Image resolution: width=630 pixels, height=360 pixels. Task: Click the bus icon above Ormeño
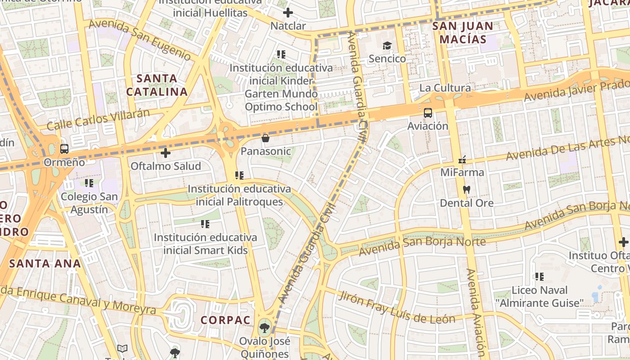click(x=64, y=148)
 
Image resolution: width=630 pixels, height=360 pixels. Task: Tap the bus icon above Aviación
click(x=427, y=112)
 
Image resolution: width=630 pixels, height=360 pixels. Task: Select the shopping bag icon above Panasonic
click(x=265, y=138)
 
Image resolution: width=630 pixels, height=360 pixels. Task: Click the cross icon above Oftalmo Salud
click(x=166, y=153)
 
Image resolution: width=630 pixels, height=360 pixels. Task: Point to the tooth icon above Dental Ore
click(x=467, y=190)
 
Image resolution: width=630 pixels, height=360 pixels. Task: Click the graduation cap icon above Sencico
click(x=387, y=45)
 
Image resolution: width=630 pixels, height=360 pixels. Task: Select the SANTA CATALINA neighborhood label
click(x=157, y=85)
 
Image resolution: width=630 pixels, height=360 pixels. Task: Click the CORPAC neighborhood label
click(x=225, y=320)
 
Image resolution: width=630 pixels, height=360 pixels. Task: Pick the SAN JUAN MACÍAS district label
click(x=463, y=32)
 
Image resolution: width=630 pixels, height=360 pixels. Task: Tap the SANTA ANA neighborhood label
click(x=45, y=264)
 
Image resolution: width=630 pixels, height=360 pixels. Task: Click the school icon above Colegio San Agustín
click(x=89, y=183)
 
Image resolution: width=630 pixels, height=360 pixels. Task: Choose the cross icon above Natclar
click(x=288, y=13)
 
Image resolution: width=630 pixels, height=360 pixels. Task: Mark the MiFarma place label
click(x=462, y=172)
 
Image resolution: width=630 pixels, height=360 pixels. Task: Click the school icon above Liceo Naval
click(x=540, y=277)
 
